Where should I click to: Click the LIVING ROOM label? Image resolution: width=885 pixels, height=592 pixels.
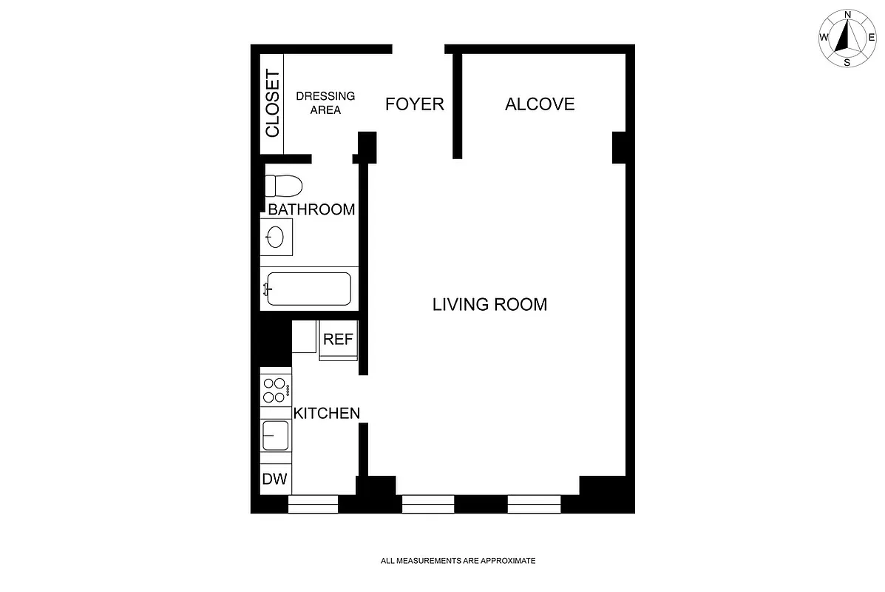pos(489,304)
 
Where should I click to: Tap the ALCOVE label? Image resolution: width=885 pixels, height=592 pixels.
pos(540,104)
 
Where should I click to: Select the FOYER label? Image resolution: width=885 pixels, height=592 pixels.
pos(415,104)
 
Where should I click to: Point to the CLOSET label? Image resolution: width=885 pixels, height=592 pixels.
pos(273,104)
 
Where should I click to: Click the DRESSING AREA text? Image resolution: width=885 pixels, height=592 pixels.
pos(325,103)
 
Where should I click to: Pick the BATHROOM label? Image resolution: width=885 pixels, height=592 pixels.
pos(311,209)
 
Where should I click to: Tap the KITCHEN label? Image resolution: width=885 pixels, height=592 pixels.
pos(327,413)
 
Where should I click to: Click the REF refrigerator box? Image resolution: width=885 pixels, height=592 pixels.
pos(339,340)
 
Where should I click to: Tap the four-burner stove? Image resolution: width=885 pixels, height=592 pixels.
pos(275,390)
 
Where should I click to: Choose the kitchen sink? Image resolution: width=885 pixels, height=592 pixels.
pos(275,435)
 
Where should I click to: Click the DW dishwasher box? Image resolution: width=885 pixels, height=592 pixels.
pos(275,479)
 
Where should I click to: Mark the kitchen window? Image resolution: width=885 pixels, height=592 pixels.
pos(313,504)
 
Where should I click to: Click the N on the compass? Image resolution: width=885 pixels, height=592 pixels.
pos(848,14)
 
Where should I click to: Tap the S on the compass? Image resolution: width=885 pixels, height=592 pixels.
pos(847,62)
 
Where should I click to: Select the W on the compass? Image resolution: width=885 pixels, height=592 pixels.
pos(824,38)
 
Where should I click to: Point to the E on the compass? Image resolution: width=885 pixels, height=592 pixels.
pos(872,38)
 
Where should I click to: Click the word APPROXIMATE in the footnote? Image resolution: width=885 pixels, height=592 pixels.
pos(508,561)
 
